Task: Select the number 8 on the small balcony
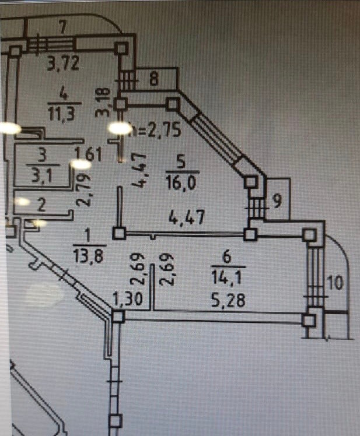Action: (154, 79)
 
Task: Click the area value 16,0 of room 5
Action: (183, 180)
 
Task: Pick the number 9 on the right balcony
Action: (277, 202)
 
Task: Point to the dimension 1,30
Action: (123, 300)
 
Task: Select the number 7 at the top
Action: (64, 26)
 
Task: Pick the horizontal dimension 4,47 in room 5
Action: (182, 221)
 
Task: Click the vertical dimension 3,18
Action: (104, 101)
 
